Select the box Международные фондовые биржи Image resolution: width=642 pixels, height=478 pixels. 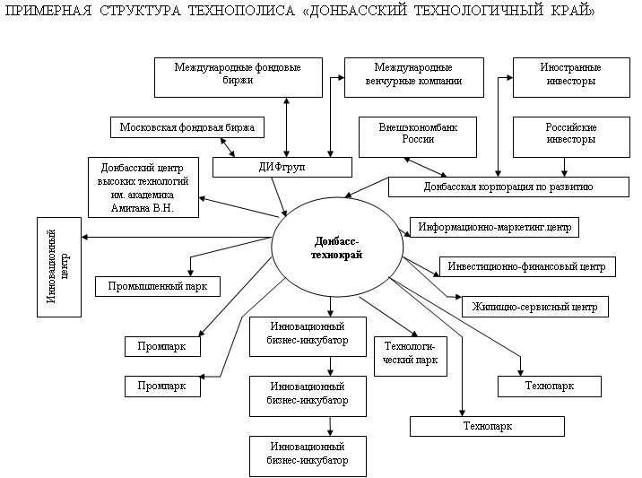click(x=238, y=77)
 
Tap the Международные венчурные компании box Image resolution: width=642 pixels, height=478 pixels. click(x=413, y=77)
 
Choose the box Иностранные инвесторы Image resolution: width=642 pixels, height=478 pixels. click(x=569, y=77)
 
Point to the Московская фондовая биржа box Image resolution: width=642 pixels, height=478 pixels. click(x=187, y=127)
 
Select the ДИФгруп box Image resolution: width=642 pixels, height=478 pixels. click(x=272, y=168)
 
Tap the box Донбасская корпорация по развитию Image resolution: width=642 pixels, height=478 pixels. click(x=508, y=187)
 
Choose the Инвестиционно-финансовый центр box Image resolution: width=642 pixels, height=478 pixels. click(x=527, y=266)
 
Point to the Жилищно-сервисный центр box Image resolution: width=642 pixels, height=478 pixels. click(x=534, y=307)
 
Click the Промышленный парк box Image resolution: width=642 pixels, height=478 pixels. click(x=157, y=287)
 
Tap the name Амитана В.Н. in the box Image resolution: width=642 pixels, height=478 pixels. click(x=143, y=208)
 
